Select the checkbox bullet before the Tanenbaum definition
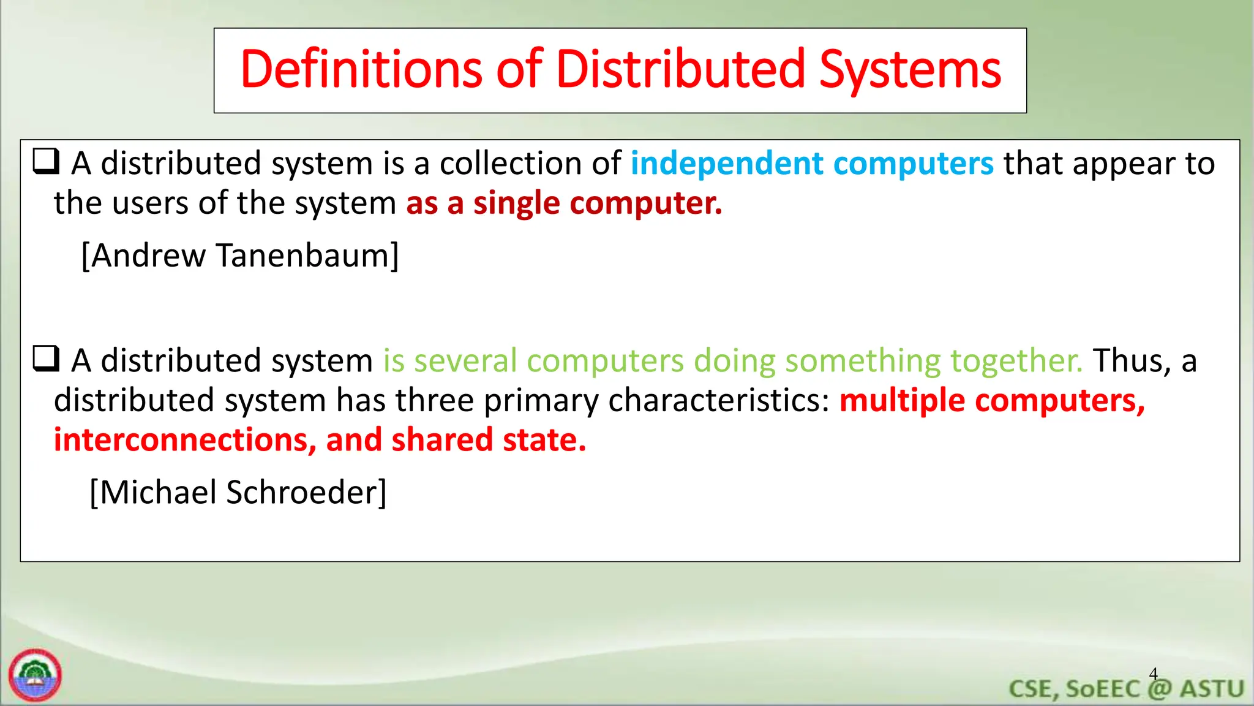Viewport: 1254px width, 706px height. [46, 162]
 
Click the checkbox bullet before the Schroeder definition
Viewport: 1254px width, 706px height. [46, 359]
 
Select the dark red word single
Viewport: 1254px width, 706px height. [516, 203]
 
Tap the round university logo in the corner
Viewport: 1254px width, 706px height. [35, 675]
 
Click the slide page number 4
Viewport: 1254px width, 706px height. [1153, 674]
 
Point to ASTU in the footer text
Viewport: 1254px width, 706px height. [1212, 689]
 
